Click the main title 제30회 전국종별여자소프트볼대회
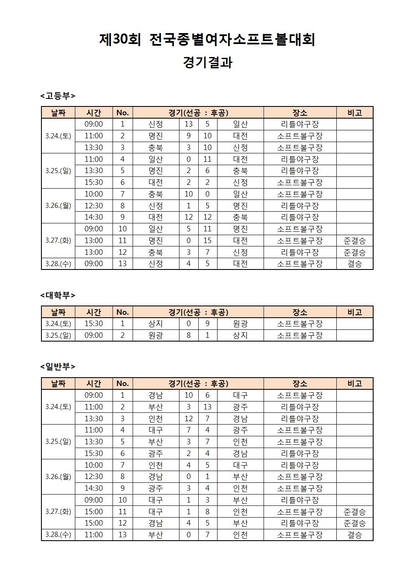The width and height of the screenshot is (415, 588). pyautogui.click(x=207, y=39)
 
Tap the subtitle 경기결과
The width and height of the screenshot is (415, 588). pyautogui.click(x=207, y=62)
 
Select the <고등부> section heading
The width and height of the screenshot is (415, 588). pyautogui.click(x=58, y=96)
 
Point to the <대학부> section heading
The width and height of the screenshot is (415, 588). pyautogui.click(x=58, y=295)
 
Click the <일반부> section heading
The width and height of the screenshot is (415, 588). pyautogui.click(x=58, y=367)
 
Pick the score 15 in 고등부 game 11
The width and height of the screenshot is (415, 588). pyautogui.click(x=207, y=241)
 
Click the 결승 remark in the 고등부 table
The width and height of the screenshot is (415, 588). pyautogui.click(x=354, y=264)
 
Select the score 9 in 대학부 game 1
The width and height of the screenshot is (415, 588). pyautogui.click(x=207, y=324)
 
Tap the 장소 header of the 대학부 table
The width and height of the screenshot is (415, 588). pyautogui.click(x=300, y=312)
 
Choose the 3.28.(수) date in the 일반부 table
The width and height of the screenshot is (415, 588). pyautogui.click(x=58, y=535)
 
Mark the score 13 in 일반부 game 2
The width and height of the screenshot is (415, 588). pyautogui.click(x=207, y=407)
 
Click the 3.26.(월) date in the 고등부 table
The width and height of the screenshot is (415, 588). pyautogui.click(x=58, y=206)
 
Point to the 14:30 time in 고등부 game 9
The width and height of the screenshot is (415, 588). pyautogui.click(x=94, y=217)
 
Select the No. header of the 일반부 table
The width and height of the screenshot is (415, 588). pyautogui.click(x=123, y=383)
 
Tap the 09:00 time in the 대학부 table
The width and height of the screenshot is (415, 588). pyautogui.click(x=94, y=335)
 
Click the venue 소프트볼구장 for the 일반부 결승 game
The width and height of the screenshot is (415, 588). pyautogui.click(x=300, y=535)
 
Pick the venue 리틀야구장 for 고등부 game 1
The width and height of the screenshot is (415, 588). pyautogui.click(x=300, y=124)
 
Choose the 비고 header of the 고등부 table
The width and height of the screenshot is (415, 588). pyautogui.click(x=354, y=112)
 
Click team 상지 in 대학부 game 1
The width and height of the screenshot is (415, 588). pyautogui.click(x=156, y=324)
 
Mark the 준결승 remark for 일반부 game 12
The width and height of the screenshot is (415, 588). pyautogui.click(x=354, y=523)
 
